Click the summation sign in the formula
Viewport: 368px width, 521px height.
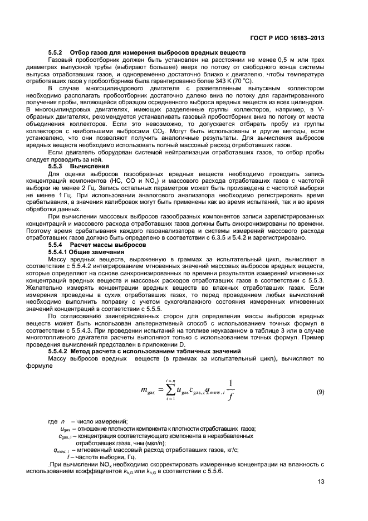point(167,392)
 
